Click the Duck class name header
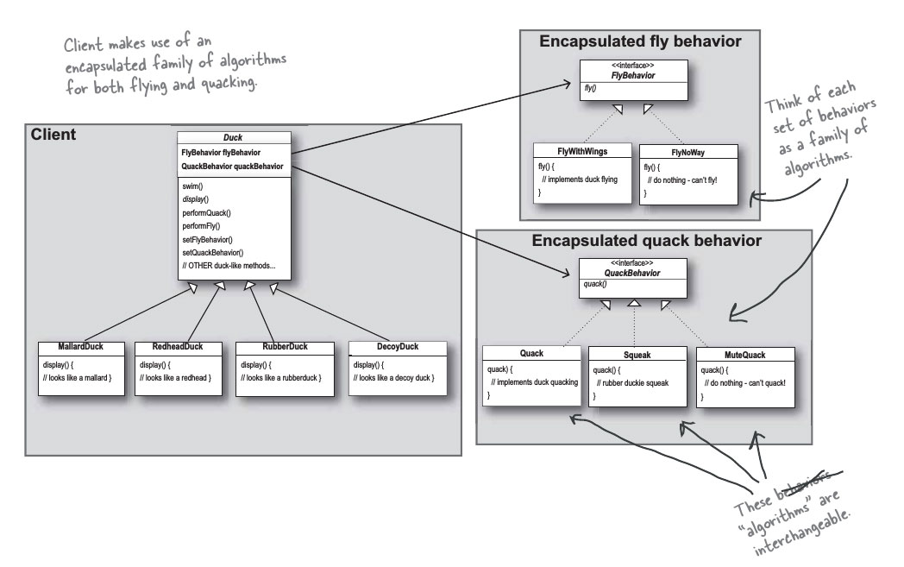234,137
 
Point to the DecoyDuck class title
398,348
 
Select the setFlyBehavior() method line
214,238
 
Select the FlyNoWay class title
688,153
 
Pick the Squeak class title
637,354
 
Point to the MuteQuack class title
743,354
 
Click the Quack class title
531,353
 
